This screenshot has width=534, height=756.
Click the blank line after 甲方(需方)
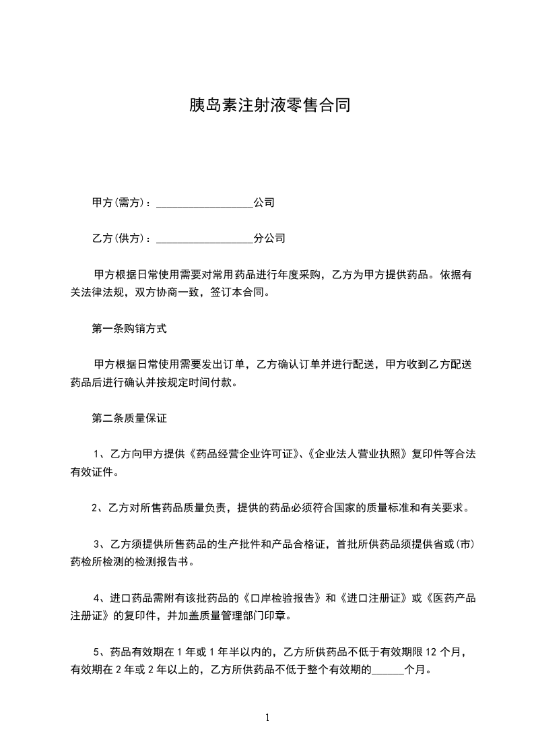(205, 203)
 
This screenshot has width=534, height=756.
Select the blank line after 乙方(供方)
(205, 239)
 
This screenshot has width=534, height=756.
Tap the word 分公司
(269, 238)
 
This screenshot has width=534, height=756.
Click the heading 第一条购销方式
(129, 329)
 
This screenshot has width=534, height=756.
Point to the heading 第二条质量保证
(129, 418)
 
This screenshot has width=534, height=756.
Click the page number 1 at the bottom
(267, 718)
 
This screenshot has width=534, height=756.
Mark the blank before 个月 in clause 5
(387, 671)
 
